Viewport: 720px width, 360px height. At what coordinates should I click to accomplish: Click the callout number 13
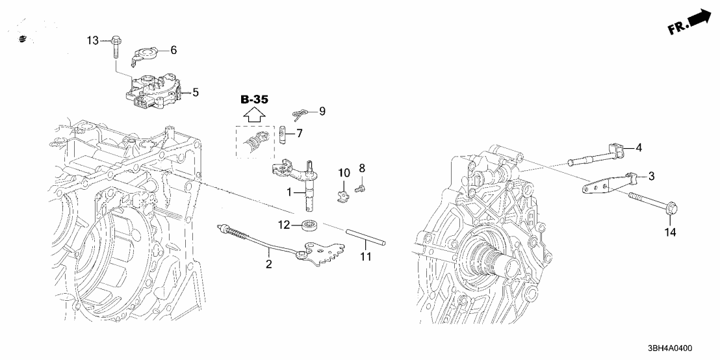[94, 41]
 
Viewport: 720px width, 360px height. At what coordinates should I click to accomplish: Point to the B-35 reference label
[254, 99]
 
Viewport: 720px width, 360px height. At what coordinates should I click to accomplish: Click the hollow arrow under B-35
[254, 116]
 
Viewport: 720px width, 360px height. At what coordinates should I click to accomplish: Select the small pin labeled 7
[283, 135]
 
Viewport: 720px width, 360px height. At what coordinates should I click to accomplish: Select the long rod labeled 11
[367, 237]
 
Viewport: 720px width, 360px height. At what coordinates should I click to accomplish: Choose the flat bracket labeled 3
[601, 186]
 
